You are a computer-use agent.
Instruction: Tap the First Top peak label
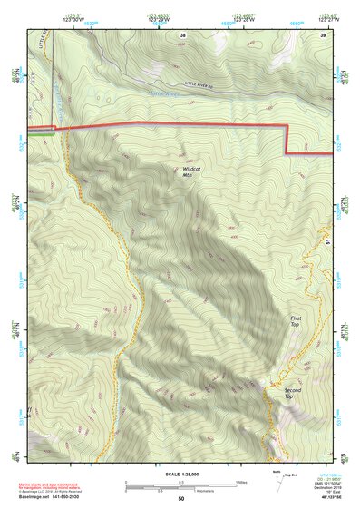(x=295, y=321)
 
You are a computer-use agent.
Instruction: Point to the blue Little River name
(x=163, y=92)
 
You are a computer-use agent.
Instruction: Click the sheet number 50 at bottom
(x=181, y=499)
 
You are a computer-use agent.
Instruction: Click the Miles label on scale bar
(x=240, y=482)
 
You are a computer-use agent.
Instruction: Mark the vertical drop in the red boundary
(x=287, y=138)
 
